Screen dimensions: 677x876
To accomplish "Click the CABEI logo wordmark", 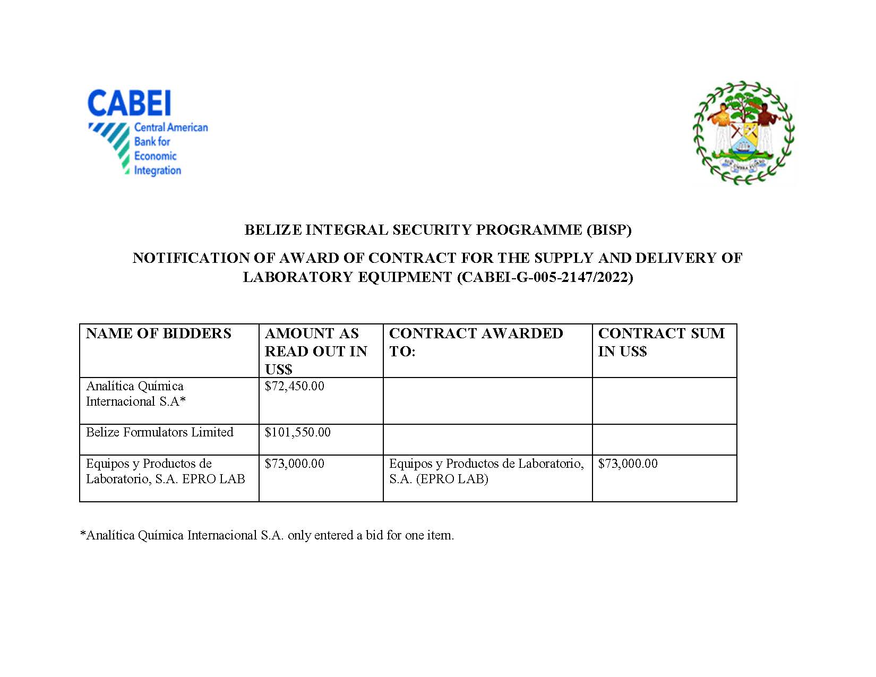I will coord(129,103).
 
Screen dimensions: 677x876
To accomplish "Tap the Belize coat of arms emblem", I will coord(744,133).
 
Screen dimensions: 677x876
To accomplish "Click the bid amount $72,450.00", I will coord(294,386).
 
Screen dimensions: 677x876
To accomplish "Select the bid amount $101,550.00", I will coord(297,432).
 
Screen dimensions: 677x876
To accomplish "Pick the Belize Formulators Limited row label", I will coord(160,432).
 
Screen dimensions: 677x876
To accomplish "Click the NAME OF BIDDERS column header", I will coord(159,333).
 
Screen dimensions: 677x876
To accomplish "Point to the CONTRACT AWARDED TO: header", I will coord(476,342).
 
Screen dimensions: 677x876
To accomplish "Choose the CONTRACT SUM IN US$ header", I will coord(661,342).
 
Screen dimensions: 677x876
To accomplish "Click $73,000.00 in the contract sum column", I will coord(628,464).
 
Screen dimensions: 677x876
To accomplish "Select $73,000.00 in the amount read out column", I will coord(294,464).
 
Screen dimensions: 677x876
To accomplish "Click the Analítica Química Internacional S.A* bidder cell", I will coord(136,393).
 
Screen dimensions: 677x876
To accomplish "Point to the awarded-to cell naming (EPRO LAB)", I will coord(486,471).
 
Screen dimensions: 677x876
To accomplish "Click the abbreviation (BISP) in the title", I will coord(608,230).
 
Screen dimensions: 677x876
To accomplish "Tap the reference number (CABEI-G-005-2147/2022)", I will coord(545,277).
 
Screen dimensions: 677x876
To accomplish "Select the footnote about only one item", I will coord(267,535).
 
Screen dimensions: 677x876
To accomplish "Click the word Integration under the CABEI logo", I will coord(157,170).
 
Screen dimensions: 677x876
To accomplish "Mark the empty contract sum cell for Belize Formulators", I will coord(664,439).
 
